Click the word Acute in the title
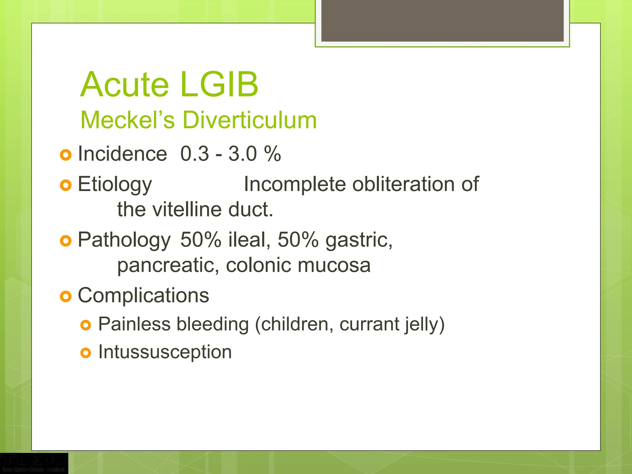coord(125,85)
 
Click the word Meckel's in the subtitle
coord(128,120)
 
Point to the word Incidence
coord(122,154)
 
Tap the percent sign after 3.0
coord(272,154)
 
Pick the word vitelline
coord(188,210)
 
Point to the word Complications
coord(143,295)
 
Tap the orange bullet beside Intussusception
coord(85,353)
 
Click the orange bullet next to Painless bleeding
coord(85,325)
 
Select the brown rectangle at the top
coord(442,21)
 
